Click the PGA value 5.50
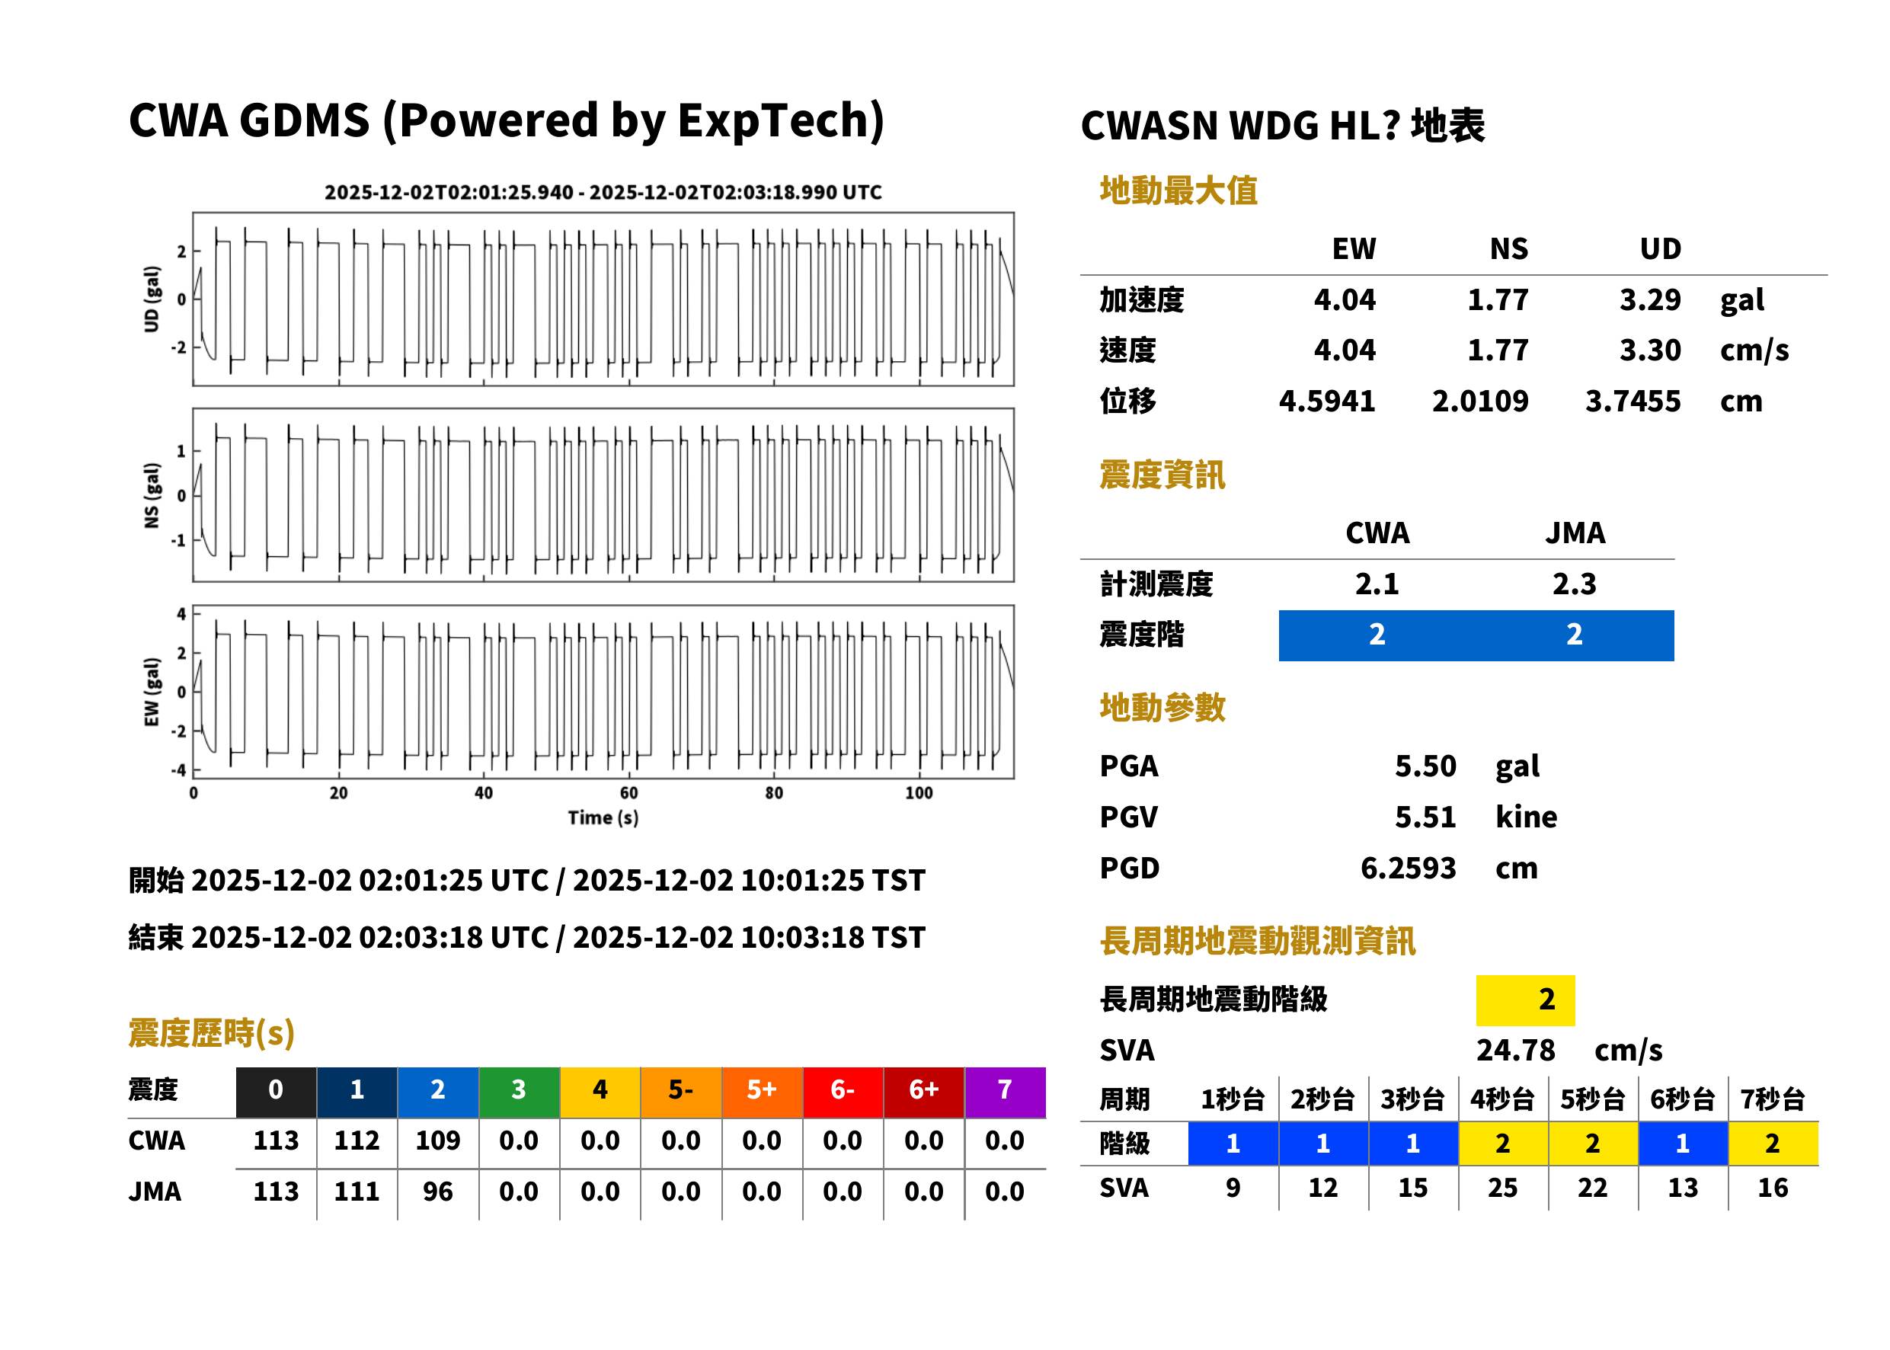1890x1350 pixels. click(1425, 766)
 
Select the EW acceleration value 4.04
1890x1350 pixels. click(1344, 299)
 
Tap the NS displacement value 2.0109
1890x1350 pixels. click(1479, 401)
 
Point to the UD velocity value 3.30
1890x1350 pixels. click(1650, 350)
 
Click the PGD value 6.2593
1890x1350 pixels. click(1408, 868)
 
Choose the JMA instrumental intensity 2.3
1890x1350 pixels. click(1574, 584)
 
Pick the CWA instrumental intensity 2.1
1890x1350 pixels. click(1377, 584)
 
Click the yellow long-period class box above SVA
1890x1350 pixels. click(1525, 1000)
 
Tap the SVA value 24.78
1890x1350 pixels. click(1515, 1050)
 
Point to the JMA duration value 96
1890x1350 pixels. click(437, 1192)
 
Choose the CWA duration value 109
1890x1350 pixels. click(437, 1140)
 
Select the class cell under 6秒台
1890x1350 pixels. click(1682, 1143)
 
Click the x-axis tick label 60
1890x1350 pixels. click(628, 793)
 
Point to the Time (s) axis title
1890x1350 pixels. click(603, 817)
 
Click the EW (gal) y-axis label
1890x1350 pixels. click(152, 692)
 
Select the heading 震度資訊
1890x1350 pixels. click(1161, 475)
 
